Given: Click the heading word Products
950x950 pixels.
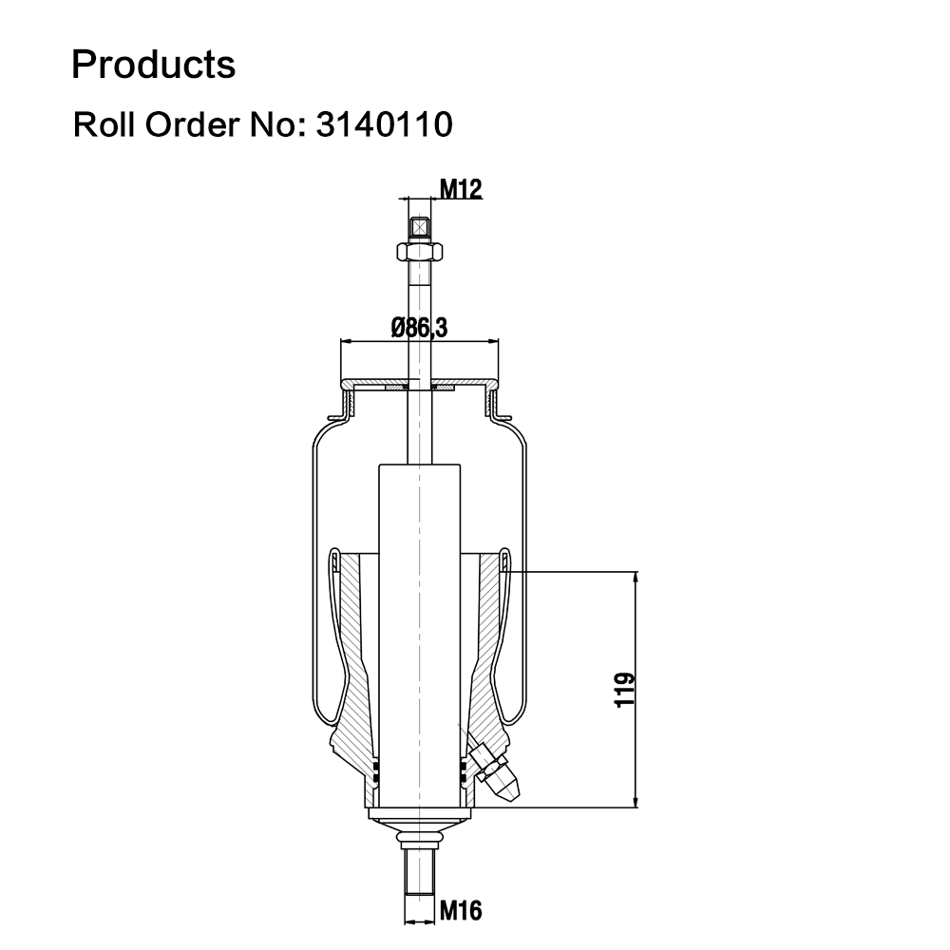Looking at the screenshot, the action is click(153, 65).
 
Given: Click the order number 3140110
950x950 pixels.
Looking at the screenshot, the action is click(384, 124).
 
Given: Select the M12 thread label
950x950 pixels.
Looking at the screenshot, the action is click(461, 190).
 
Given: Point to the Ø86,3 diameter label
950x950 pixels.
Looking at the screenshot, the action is click(419, 328).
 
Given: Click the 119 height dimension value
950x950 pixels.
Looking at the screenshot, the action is click(625, 690).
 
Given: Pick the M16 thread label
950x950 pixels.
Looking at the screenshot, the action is click(461, 911).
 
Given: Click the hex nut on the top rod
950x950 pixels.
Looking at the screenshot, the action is click(419, 251).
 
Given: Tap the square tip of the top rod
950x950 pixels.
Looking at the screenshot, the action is click(419, 228).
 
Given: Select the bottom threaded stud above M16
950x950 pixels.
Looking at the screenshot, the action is click(419, 871).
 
